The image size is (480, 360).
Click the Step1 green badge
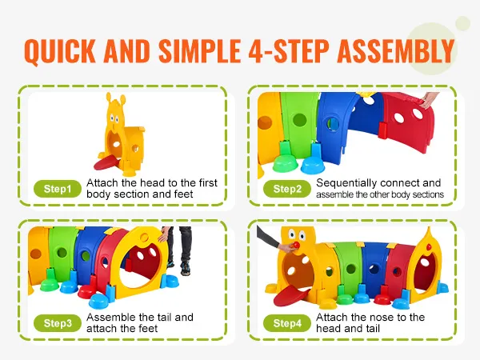tap(58, 190)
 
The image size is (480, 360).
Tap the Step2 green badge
tap(287, 190)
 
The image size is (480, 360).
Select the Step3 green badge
tap(58, 323)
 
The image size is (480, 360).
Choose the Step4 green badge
tap(287, 323)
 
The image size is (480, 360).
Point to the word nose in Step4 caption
tap(374, 318)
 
